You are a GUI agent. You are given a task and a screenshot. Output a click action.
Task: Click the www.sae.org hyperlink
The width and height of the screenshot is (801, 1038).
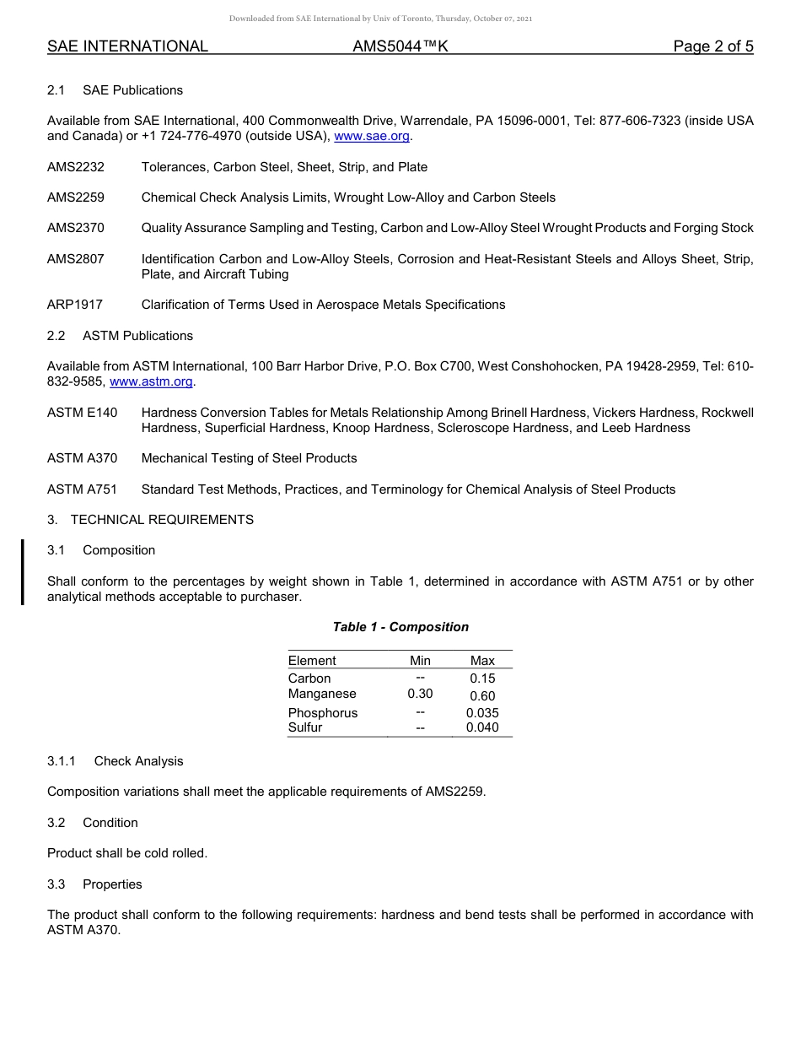[372, 136]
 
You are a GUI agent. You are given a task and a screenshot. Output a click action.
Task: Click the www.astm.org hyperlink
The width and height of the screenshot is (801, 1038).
[152, 381]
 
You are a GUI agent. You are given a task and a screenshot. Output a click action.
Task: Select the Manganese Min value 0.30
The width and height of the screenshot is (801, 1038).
[420, 694]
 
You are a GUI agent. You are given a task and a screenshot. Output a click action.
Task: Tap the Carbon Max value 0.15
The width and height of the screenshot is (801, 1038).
[482, 678]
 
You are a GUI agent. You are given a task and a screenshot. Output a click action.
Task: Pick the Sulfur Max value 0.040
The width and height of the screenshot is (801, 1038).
[482, 727]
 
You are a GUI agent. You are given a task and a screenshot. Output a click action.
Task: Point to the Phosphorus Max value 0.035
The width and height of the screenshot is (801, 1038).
[482, 713]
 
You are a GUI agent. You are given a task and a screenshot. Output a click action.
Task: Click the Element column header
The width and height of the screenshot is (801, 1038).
[312, 661]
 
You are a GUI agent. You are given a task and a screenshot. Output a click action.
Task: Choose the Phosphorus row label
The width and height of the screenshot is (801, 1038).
[323, 713]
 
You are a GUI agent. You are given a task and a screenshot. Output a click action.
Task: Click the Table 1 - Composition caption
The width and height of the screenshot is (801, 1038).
[400, 627]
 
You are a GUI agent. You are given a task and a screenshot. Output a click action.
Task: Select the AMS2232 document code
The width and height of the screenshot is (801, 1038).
[76, 167]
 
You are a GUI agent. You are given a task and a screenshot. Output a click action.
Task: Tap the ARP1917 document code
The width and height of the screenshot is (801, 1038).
[75, 305]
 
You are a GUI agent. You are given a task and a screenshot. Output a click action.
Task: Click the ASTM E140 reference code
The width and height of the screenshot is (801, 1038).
[83, 413]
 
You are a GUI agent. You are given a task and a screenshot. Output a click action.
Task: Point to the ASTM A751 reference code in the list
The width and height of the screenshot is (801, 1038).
[83, 489]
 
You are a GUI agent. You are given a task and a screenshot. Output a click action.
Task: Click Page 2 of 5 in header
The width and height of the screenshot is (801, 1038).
[712, 46]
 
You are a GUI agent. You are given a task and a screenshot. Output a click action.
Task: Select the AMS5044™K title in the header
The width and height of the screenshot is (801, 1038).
[400, 46]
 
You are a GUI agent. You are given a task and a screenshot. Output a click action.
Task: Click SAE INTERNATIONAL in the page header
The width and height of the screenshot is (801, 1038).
[127, 46]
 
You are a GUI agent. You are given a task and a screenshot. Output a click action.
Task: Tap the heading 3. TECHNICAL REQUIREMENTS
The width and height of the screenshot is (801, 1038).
[150, 520]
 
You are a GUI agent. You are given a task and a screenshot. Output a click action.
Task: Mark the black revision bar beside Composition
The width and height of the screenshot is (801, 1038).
[23, 572]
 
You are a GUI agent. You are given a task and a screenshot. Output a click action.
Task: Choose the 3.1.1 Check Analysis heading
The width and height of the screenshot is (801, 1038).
[116, 761]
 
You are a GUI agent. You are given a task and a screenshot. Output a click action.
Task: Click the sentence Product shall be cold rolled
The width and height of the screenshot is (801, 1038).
[127, 853]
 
